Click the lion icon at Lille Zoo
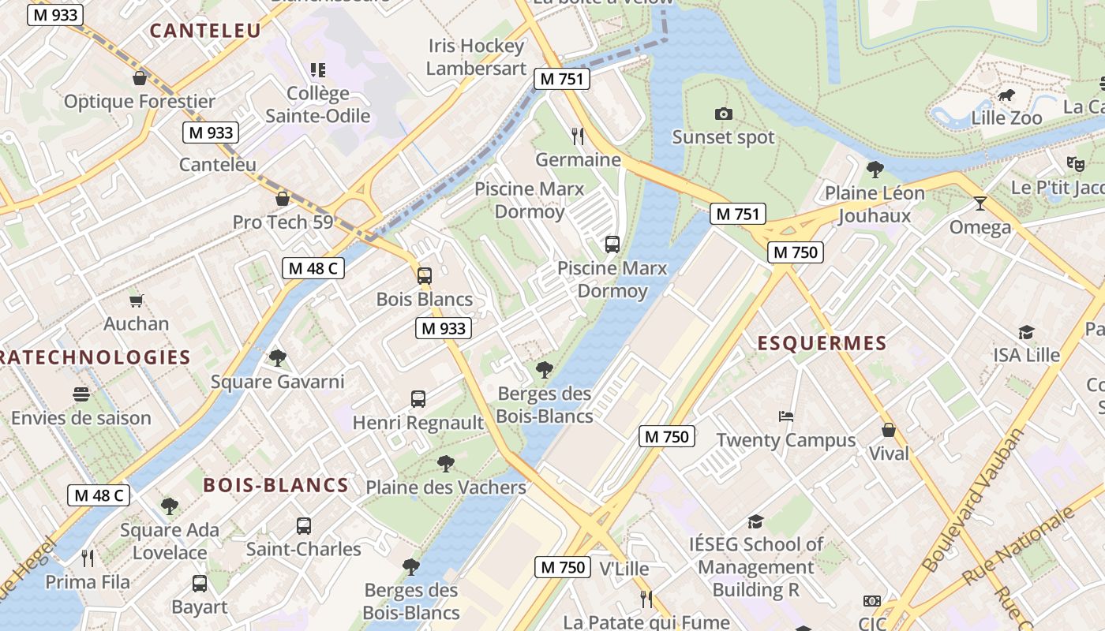point(1006,95)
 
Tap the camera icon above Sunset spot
point(723,114)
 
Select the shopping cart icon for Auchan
point(137,301)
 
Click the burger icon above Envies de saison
point(81,394)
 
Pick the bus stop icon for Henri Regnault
point(418,399)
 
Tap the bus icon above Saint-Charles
point(304,525)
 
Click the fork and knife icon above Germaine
point(578,136)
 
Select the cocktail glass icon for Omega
point(980,203)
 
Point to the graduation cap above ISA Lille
point(1026,332)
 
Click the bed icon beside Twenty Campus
point(785,416)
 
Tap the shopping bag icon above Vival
point(889,430)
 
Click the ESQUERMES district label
point(822,343)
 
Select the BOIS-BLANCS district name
point(275,485)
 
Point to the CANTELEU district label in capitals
point(205,31)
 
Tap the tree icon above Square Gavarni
point(277,358)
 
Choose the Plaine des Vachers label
point(446,487)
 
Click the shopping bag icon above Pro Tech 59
point(283,199)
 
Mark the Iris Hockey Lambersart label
point(475,57)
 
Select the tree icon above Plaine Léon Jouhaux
point(875,169)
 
